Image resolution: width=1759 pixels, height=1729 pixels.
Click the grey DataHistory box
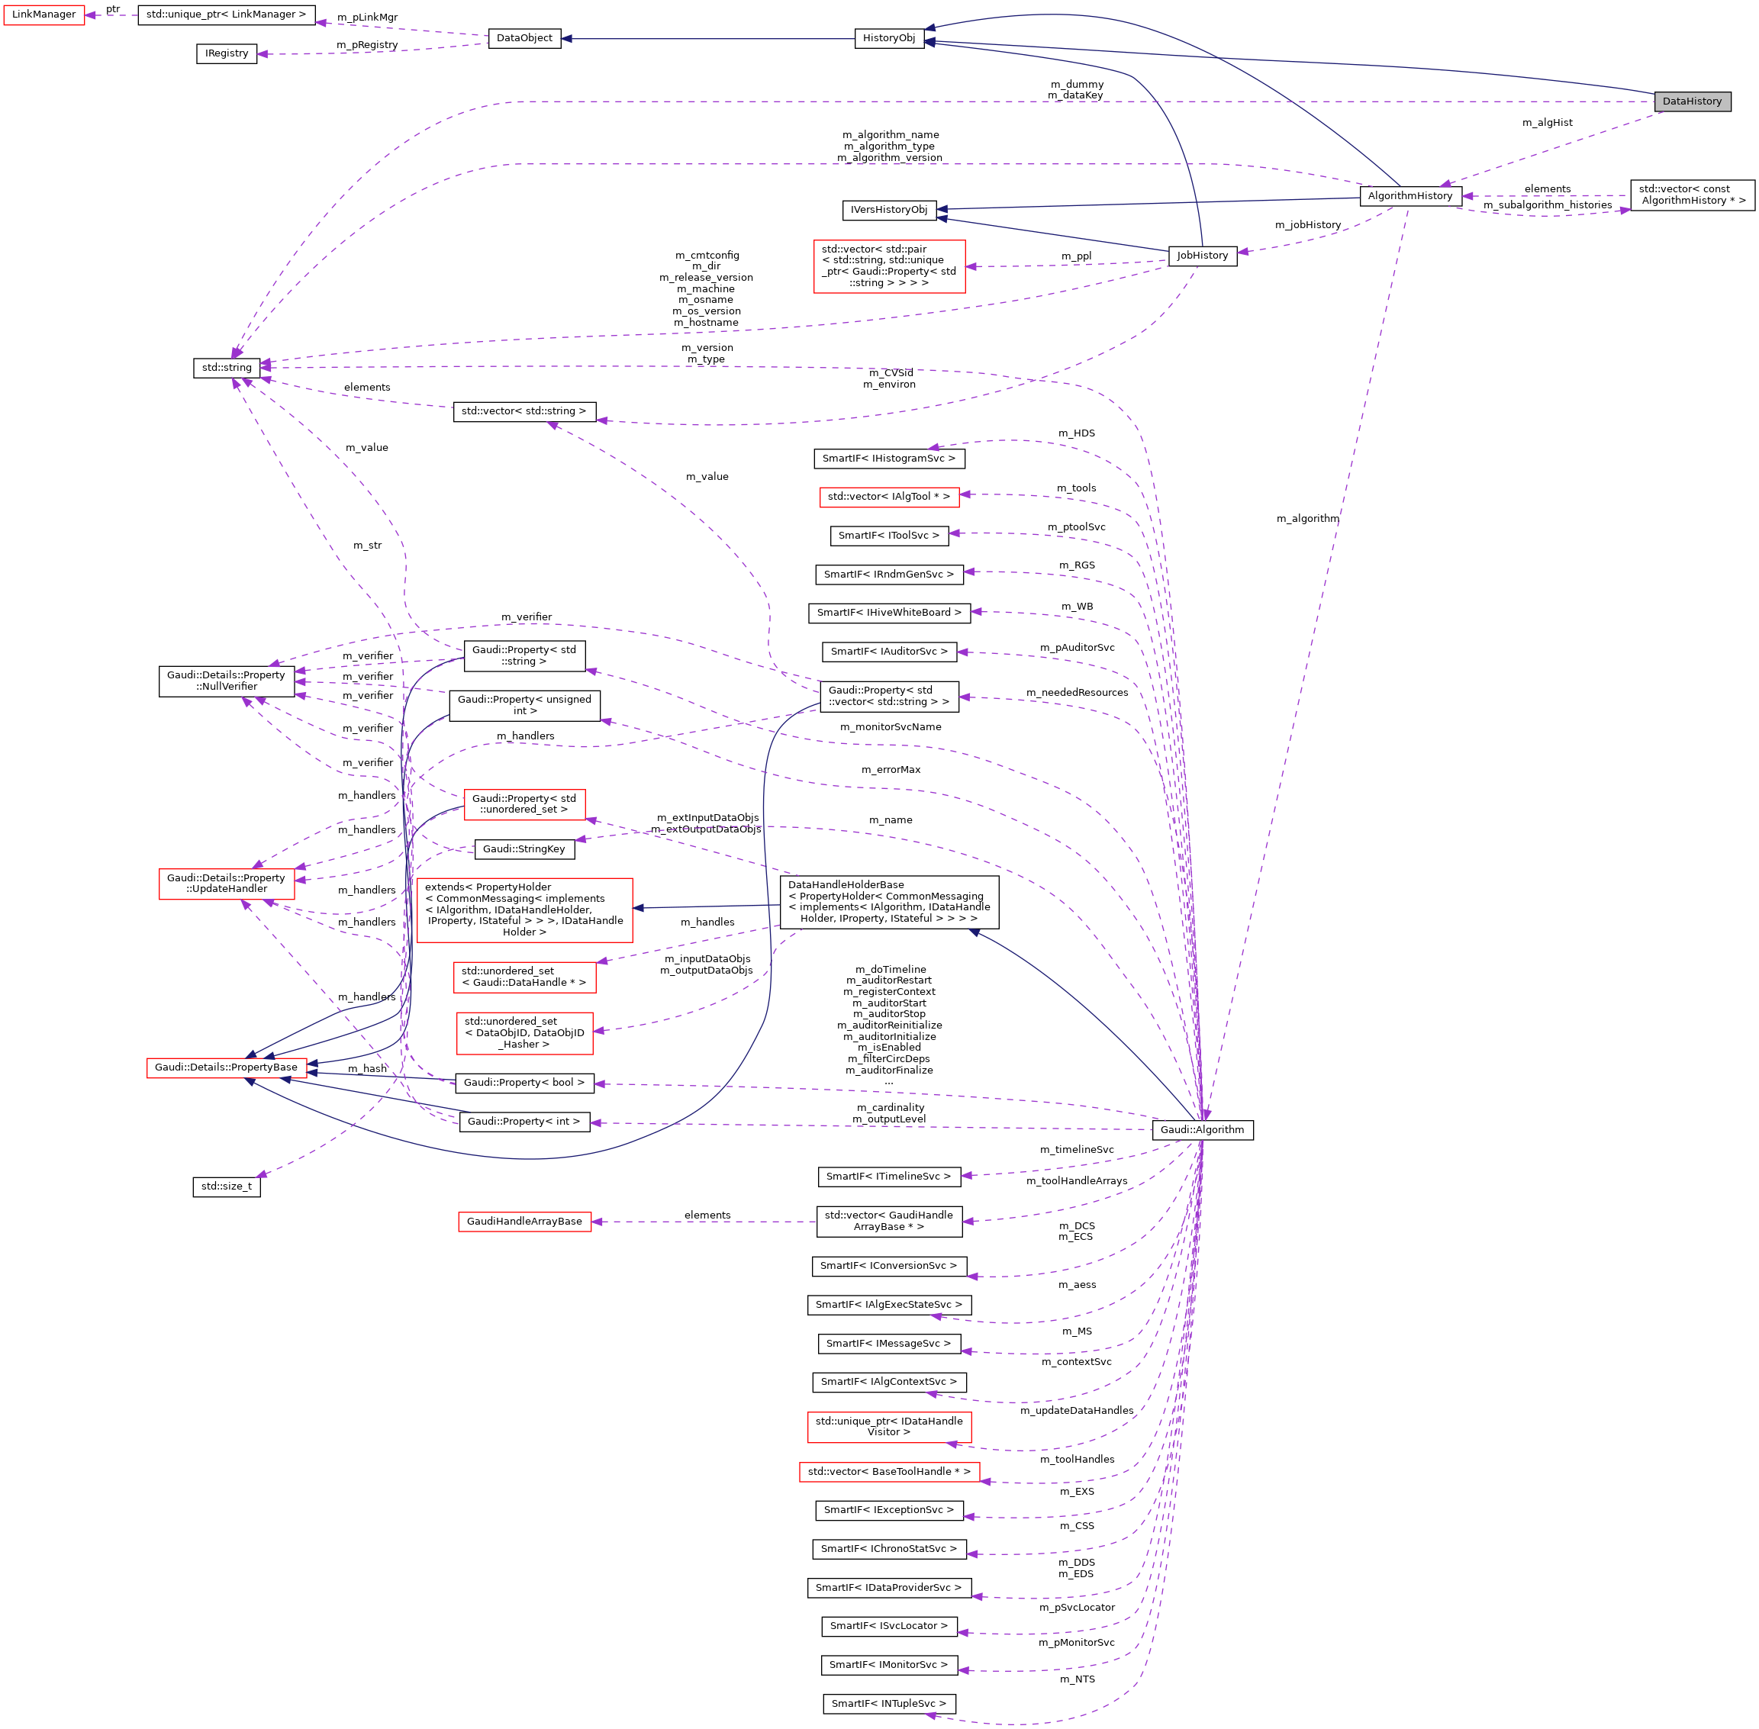coord(1692,101)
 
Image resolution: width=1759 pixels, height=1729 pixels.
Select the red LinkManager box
coord(43,14)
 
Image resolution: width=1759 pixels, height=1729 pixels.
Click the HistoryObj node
coord(888,38)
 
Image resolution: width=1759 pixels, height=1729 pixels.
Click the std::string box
coord(226,368)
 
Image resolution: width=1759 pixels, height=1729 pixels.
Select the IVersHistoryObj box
coord(888,210)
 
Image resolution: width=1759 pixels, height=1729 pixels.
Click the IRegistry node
coord(226,53)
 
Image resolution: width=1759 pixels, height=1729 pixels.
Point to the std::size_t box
coord(226,1186)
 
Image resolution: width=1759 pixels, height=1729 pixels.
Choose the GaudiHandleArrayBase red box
coord(524,1222)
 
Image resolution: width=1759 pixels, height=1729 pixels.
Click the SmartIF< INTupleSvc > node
coord(888,1704)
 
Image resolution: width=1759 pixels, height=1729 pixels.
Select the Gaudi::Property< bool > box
coord(524,1083)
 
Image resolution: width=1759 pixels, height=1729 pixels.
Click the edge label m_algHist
coord(1547,123)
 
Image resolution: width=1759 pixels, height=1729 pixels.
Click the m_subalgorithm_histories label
coord(1547,205)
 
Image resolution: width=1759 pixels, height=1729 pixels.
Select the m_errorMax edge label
coord(890,770)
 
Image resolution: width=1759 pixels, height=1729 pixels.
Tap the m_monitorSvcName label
coord(890,727)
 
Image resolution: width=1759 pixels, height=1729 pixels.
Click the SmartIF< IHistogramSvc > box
coord(888,459)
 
